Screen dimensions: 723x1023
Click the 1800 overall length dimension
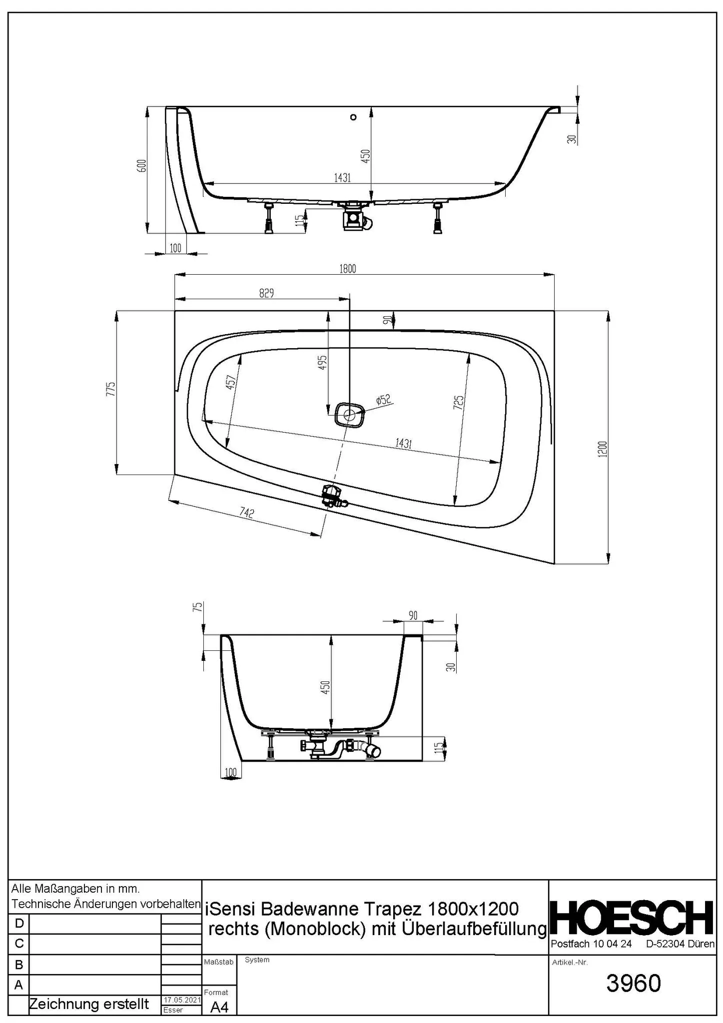click(x=348, y=269)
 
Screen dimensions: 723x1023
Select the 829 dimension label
click(x=266, y=293)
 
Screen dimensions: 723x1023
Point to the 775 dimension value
click(x=111, y=389)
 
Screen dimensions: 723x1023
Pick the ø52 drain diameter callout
click(x=383, y=399)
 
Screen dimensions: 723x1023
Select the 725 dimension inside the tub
click(x=459, y=402)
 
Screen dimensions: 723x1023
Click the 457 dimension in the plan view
click(x=231, y=382)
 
